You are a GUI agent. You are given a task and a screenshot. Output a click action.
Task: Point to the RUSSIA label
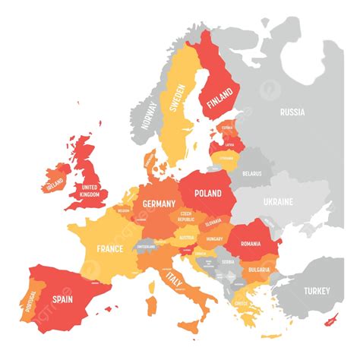[292, 112]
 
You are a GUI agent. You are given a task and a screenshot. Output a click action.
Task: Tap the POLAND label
[207, 194]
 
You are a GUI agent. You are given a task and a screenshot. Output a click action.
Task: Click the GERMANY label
[159, 204]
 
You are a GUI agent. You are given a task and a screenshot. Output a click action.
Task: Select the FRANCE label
[110, 248]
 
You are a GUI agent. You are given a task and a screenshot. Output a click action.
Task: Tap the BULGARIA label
[259, 270]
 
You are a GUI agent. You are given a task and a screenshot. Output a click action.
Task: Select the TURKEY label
[317, 291]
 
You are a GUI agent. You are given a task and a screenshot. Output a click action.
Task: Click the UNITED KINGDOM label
[89, 191]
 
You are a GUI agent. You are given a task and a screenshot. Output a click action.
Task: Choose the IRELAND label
[55, 184]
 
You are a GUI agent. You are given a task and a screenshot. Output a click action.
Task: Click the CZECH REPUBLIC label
[187, 216]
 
